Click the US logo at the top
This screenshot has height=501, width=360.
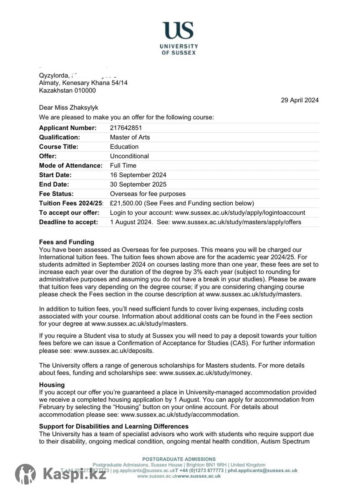(178, 30)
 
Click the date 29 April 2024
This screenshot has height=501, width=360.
(300, 100)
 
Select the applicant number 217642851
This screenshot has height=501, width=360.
(126, 128)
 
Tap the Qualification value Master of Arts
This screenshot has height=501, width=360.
(130, 137)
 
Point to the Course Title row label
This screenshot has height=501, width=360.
(58, 147)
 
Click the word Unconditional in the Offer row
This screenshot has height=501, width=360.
(129, 156)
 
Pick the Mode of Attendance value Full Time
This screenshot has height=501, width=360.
(123, 165)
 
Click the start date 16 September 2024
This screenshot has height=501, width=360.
(138, 175)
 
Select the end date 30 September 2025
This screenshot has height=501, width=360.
(138, 184)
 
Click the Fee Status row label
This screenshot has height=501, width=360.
(56, 194)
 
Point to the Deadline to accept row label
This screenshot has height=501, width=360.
(68, 222)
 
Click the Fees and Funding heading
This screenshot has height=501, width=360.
(67, 242)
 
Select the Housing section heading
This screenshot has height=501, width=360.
(52, 385)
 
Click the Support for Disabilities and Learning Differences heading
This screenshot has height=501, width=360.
(114, 426)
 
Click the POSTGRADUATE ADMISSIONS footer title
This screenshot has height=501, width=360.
(179, 459)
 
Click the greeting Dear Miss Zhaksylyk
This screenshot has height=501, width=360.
(69, 108)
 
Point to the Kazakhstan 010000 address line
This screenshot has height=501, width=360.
(67, 90)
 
